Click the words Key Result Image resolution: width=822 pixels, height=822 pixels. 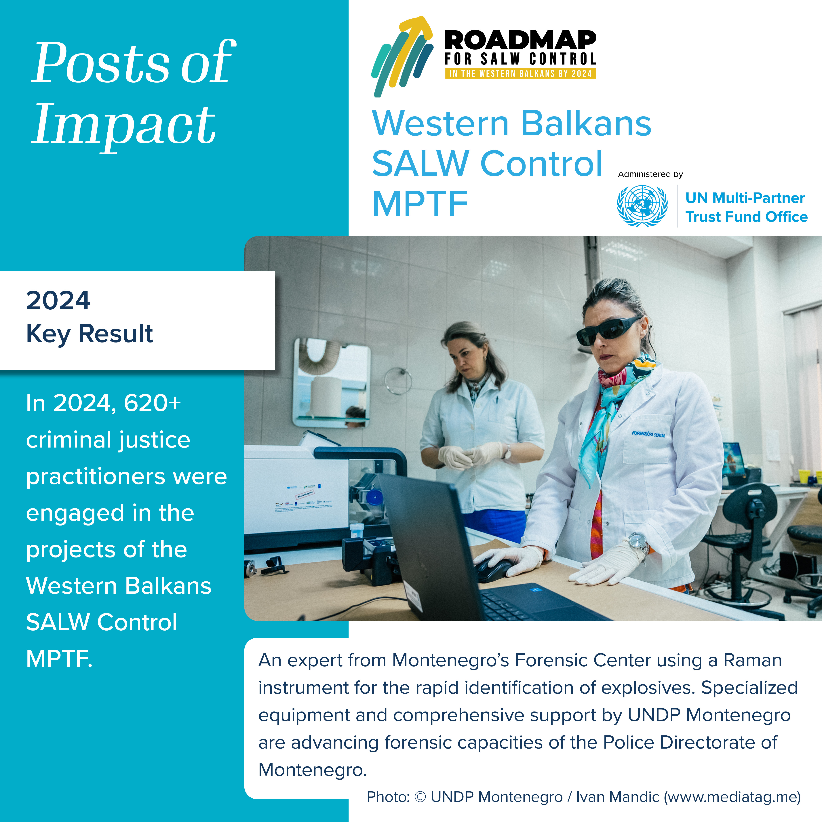click(x=89, y=334)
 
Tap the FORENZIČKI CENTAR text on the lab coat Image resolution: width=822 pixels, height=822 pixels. click(x=648, y=434)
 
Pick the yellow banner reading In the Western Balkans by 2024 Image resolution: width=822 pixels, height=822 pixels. click(x=520, y=74)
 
